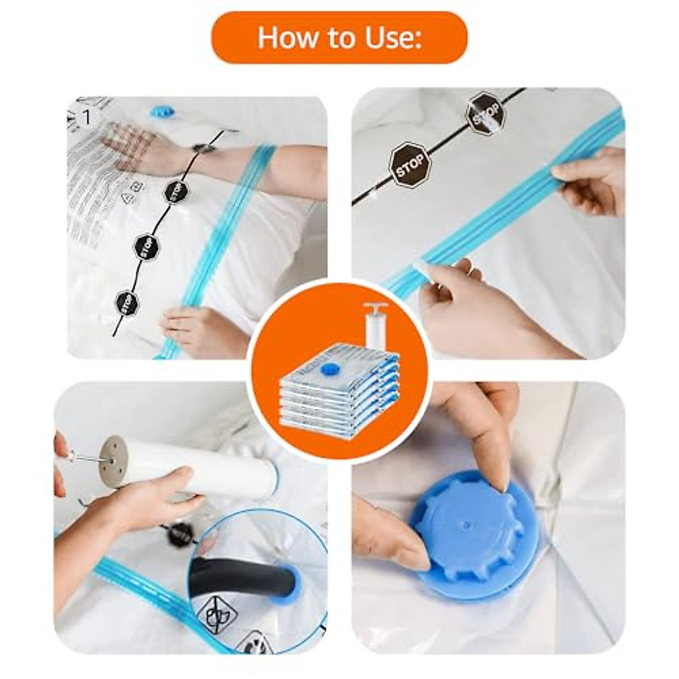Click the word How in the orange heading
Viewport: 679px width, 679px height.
coord(281,37)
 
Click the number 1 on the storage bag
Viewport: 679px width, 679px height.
coord(87,117)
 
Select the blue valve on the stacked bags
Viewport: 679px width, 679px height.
coord(328,370)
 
